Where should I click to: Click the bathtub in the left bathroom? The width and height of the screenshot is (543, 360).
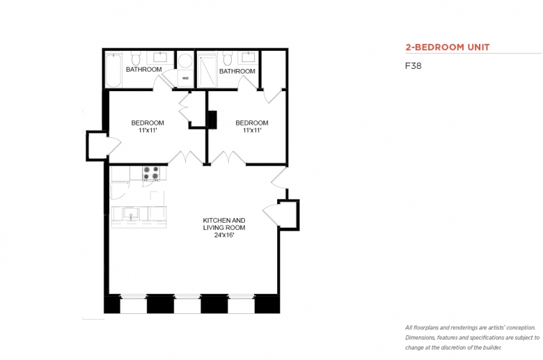click(x=113, y=70)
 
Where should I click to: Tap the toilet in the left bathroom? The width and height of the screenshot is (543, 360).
click(x=136, y=58)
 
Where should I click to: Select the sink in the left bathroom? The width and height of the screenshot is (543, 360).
click(x=160, y=57)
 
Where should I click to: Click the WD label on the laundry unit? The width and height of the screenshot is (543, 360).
click(x=186, y=78)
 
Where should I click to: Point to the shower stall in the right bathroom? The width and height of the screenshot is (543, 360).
click(x=207, y=71)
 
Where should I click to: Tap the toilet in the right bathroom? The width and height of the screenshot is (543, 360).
click(x=227, y=58)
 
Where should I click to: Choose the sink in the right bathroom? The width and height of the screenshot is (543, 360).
click(x=249, y=57)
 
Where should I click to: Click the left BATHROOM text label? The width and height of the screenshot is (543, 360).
click(x=143, y=70)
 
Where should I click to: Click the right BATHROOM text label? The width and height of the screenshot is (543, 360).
click(x=237, y=71)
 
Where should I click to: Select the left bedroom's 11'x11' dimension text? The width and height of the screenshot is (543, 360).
click(x=148, y=130)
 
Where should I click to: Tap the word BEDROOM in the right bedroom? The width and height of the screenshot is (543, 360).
click(x=252, y=123)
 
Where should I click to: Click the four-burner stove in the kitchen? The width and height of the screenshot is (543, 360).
click(x=151, y=173)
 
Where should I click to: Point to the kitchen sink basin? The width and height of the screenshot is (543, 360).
click(x=131, y=213)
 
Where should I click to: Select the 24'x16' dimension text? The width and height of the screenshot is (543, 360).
click(x=224, y=235)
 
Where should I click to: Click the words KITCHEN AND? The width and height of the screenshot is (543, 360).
click(x=224, y=220)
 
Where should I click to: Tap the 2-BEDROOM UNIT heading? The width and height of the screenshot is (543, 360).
click(x=448, y=47)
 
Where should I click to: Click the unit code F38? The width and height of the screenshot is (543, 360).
click(x=414, y=66)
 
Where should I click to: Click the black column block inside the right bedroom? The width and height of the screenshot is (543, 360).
click(x=212, y=120)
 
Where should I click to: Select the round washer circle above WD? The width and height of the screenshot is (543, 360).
click(x=186, y=61)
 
